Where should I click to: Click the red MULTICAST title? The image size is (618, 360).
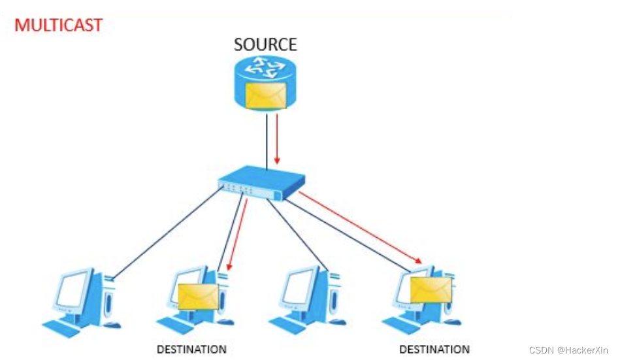point(59,25)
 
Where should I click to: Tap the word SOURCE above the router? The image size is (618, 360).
point(265,45)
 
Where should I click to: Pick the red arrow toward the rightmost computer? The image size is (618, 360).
point(359,228)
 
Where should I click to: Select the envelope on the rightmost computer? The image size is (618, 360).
point(431,289)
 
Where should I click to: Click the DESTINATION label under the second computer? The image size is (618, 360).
point(191,350)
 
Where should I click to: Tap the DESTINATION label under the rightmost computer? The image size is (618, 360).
point(434,350)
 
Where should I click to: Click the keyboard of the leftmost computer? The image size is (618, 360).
point(62,324)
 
